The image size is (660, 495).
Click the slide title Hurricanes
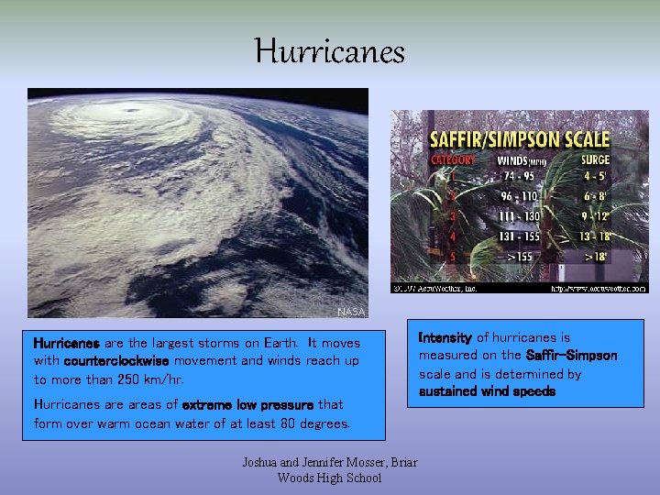(x=330, y=51)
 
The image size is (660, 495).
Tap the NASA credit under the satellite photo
(x=351, y=312)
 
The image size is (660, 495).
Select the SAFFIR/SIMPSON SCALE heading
(x=520, y=140)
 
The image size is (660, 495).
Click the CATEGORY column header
(x=453, y=160)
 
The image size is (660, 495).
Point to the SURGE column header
(x=596, y=160)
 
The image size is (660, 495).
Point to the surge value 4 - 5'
(x=596, y=177)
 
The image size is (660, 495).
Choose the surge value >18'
(x=596, y=256)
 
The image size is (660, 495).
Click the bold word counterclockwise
(x=116, y=361)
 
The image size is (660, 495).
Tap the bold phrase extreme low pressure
(x=248, y=404)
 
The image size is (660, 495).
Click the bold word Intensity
(x=445, y=337)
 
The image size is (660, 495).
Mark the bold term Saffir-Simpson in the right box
(x=571, y=356)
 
